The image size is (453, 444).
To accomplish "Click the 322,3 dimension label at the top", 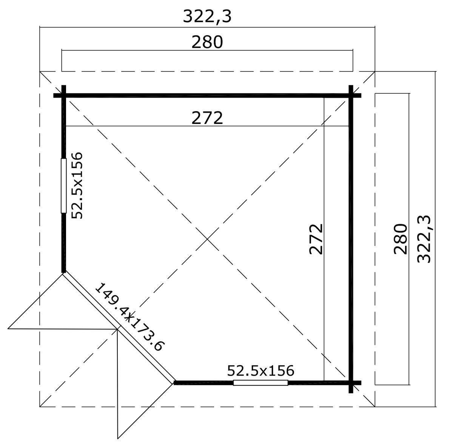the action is coord(207,17).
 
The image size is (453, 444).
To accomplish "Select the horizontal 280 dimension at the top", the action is coord(207,42).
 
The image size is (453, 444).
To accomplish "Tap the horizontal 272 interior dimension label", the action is coord(207,118).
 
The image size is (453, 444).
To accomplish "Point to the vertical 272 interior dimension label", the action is coord(316,239).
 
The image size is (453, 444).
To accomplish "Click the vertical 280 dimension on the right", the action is coord(401,239).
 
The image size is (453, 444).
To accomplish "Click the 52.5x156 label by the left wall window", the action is coord(77,186).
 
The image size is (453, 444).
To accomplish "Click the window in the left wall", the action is coord(63,186).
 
